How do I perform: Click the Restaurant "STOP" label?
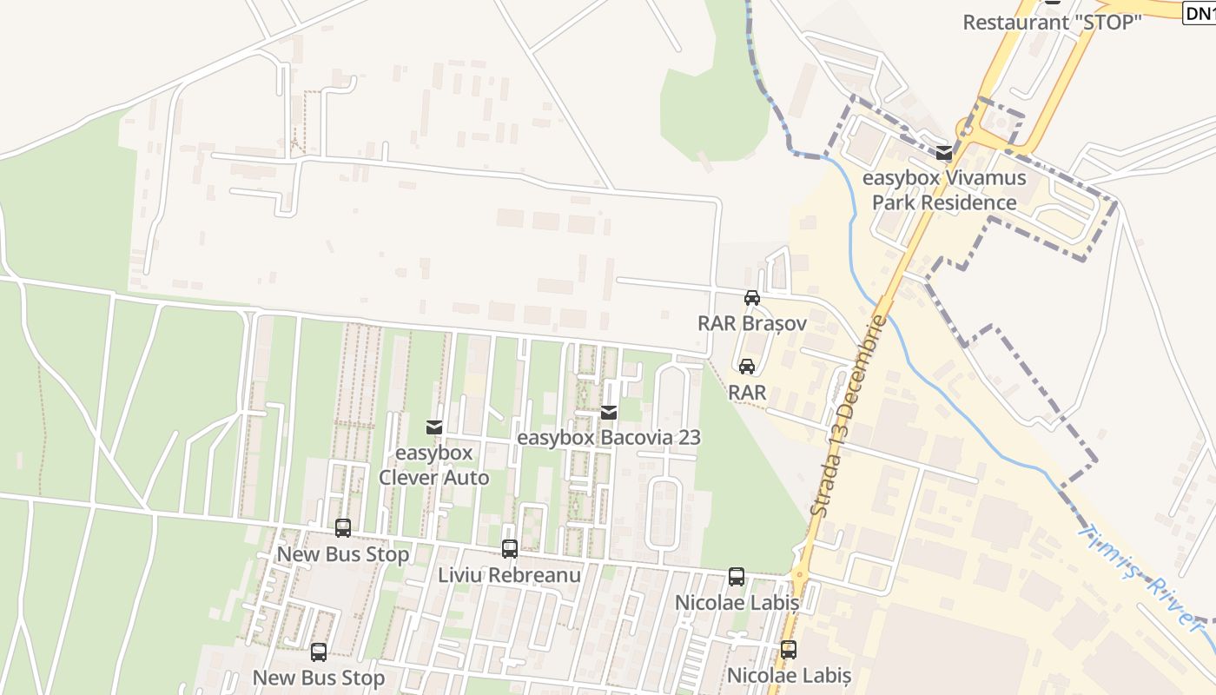pos(1051,23)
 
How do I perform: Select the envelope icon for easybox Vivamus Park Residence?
pos(944,154)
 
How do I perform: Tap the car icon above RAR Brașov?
pos(752,298)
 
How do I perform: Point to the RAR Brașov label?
pos(752,323)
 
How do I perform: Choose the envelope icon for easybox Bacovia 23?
pos(609,412)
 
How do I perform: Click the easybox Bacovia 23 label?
pos(609,438)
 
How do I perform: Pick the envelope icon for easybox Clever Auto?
pos(433,427)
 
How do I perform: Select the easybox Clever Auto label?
pos(433,466)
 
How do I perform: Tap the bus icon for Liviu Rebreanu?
pos(510,549)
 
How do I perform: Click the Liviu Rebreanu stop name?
pos(510,575)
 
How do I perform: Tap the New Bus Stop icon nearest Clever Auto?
pos(343,527)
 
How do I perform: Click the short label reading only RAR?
pos(747,393)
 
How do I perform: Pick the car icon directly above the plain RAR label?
pos(747,367)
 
